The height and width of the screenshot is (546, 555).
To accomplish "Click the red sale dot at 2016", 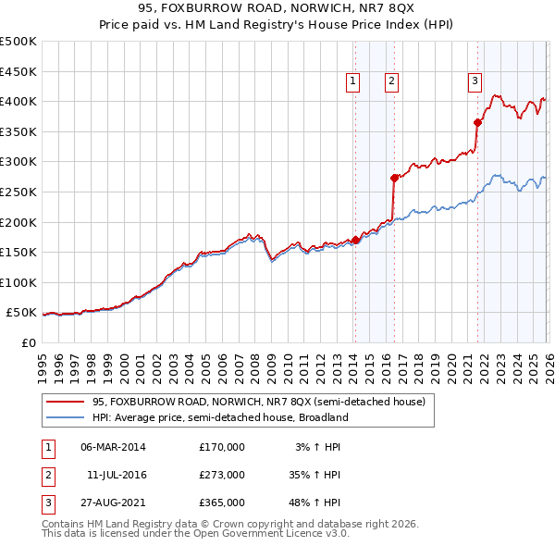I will pyautogui.click(x=394, y=178).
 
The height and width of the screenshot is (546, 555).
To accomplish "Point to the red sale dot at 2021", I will pyautogui.click(x=478, y=122).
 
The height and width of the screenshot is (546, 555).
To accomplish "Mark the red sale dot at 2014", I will pyautogui.click(x=356, y=240).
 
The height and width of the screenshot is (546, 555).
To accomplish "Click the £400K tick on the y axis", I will pyautogui.click(x=18, y=102).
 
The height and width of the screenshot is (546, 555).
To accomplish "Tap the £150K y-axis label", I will pyautogui.click(x=18, y=253).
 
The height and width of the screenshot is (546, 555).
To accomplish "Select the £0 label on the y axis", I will pyautogui.click(x=28, y=343).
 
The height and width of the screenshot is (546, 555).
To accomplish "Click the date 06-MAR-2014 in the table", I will pyautogui.click(x=113, y=447).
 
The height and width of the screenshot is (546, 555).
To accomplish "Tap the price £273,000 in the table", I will pyautogui.click(x=221, y=475).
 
